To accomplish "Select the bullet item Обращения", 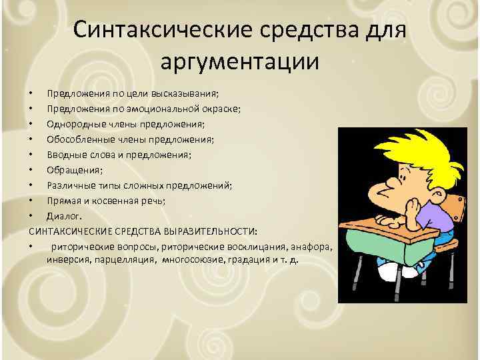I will coord(71,170).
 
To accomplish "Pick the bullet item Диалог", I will coord(63,216).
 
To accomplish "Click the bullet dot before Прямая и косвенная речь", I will coord(31,201).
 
